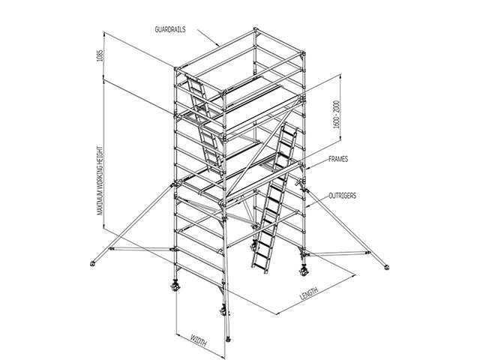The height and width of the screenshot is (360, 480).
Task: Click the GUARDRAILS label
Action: (170, 29)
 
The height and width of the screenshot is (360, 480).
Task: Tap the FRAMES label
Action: (338, 159)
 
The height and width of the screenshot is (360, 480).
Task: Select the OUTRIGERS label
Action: (343, 196)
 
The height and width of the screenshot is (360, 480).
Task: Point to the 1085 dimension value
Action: (100, 55)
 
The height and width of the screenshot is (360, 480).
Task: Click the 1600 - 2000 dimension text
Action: (337, 115)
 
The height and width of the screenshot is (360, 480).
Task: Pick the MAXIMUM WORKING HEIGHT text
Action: (100, 181)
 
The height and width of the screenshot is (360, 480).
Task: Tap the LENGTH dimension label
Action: (309, 293)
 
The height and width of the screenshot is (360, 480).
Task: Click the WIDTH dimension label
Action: (199, 340)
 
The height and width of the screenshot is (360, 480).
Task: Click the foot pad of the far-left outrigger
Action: (92, 263)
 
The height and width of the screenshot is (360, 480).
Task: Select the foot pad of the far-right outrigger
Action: (387, 268)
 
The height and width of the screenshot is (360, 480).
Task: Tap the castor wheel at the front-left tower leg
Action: (175, 286)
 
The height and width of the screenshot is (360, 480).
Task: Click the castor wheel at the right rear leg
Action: (304, 271)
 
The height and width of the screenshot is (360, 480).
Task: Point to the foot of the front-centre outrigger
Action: (228, 339)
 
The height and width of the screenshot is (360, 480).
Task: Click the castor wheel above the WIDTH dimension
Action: (223, 311)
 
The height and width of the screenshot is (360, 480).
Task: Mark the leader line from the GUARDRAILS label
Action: (208, 38)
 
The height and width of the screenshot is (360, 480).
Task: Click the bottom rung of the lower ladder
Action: (259, 266)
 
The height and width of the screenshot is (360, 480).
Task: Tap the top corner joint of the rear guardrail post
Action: (256, 30)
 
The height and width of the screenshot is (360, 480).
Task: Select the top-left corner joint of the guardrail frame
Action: (176, 68)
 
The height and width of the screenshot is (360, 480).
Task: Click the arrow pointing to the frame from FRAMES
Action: (316, 165)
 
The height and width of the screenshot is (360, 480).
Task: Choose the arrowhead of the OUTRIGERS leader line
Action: (307, 206)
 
